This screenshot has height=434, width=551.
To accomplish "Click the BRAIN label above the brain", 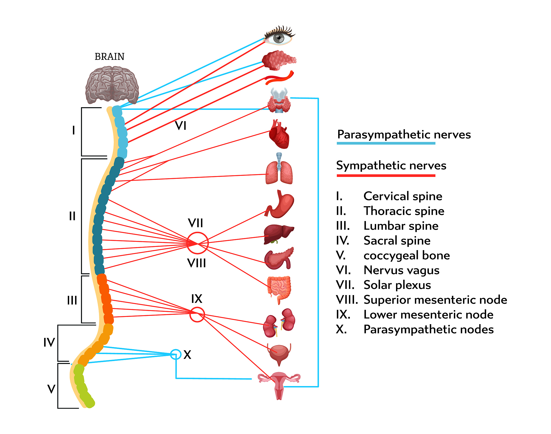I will click(x=110, y=57).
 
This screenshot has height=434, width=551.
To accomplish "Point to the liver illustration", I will click(x=278, y=233).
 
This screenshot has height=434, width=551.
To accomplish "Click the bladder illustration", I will click(x=279, y=353).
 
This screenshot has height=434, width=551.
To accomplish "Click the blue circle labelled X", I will click(x=176, y=354).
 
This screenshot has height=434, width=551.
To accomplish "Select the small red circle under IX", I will click(x=197, y=314).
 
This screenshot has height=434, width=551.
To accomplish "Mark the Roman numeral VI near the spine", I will click(x=181, y=126).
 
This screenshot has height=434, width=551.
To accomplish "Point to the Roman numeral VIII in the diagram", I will click(x=197, y=263).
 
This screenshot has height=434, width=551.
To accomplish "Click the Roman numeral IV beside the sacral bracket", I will click(x=49, y=342).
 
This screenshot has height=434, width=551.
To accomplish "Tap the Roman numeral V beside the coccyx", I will click(x=51, y=389).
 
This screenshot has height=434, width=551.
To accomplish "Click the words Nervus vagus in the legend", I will click(x=401, y=270).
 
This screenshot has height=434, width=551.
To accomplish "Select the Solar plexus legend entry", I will click(x=397, y=285).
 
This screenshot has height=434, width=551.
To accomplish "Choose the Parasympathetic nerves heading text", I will click(x=404, y=134).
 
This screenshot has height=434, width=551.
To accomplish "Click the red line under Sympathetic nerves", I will click(x=386, y=176).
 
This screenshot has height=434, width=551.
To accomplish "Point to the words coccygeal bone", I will click(x=407, y=255).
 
